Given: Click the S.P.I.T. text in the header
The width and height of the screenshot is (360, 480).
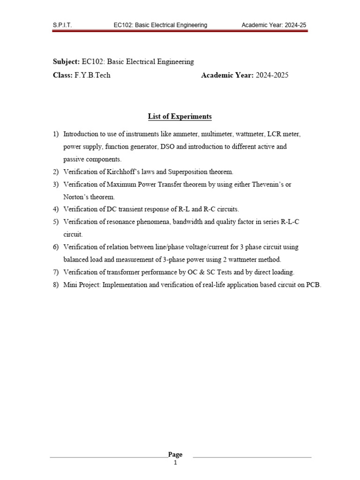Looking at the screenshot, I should click(62, 25).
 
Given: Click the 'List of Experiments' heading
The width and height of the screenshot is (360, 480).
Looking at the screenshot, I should click(180, 116).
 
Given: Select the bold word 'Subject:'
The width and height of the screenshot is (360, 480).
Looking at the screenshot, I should click(66, 61).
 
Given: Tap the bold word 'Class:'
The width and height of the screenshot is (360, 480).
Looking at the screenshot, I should click(62, 75).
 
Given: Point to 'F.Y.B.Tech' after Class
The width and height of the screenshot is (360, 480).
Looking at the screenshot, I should click(92, 75).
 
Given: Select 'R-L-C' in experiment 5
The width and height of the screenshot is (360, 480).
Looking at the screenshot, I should click(290, 222).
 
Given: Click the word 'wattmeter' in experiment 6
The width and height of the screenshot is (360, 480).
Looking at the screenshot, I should click(250, 259).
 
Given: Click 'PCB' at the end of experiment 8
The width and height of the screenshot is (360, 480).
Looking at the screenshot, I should click(314, 285).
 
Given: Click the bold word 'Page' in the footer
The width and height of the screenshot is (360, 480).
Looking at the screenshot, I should click(175, 454).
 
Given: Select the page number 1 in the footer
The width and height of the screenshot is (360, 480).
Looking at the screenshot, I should click(175, 463).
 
